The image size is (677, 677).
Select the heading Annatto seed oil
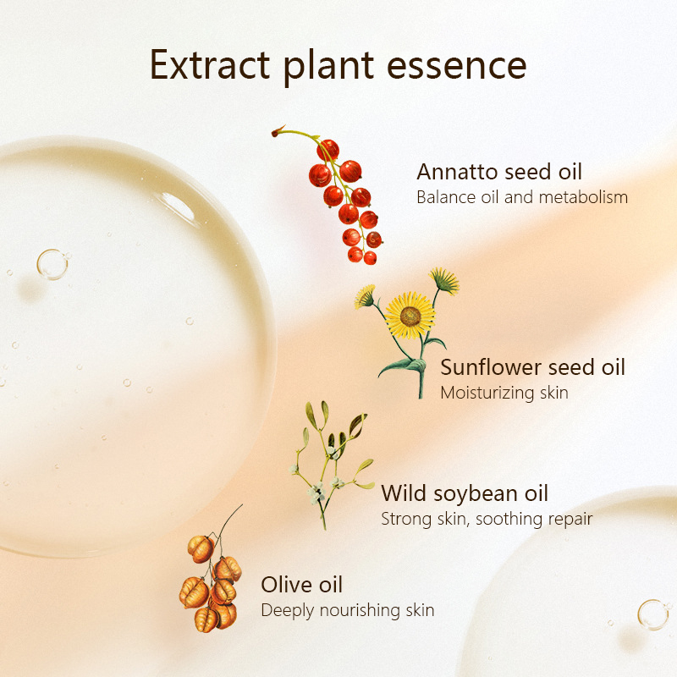coord(499,172)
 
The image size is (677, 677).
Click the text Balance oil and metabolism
coord(522,198)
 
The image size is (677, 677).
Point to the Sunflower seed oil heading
coord(532,367)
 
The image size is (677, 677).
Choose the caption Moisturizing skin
coord(504,393)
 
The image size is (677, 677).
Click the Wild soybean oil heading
coord(465,493)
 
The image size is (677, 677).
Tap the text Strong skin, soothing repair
coord(487,518)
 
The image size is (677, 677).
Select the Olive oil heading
coord(301,585)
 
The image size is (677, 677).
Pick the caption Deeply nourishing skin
coord(347,610)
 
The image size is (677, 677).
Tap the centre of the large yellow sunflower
coord(410,316)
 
